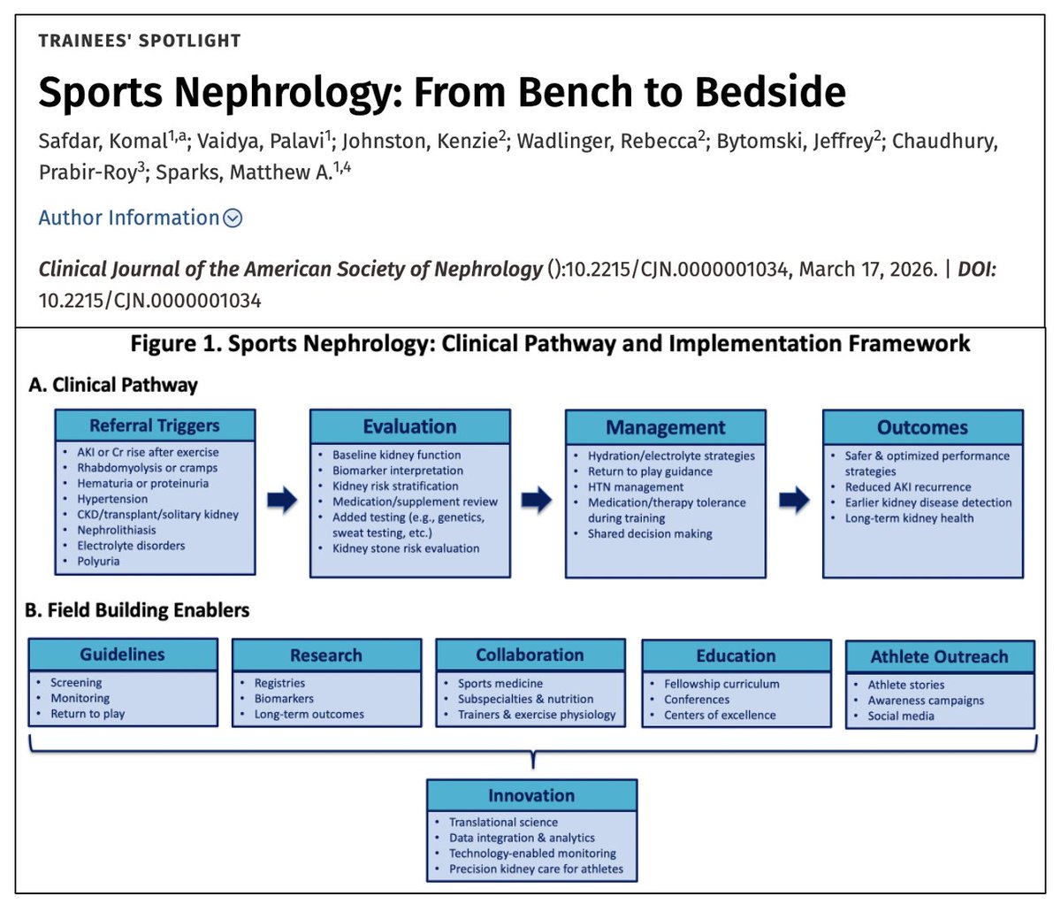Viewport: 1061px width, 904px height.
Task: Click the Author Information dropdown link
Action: [x=140, y=218]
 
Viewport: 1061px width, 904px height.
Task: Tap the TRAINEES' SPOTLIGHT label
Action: [x=140, y=41]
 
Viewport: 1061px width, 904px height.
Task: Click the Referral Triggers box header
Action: [x=155, y=425]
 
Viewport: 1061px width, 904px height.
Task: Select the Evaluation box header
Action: [x=409, y=425]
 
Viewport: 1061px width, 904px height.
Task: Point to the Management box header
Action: [x=665, y=427]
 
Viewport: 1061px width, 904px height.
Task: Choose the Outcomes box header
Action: [x=922, y=427]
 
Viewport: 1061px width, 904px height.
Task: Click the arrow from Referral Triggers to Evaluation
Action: [x=282, y=501]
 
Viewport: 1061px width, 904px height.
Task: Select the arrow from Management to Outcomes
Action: [x=794, y=501]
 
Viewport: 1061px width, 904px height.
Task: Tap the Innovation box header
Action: [x=530, y=795]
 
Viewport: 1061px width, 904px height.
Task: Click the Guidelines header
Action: [x=122, y=655]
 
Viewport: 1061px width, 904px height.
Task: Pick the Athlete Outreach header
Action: [x=939, y=656]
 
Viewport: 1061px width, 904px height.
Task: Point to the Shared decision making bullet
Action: [x=649, y=533]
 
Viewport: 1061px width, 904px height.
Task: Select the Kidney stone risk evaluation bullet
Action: [x=406, y=548]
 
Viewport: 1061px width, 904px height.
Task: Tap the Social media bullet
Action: [x=900, y=716]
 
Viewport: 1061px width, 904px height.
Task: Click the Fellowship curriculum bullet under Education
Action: [x=721, y=684]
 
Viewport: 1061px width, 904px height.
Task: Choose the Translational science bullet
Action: [x=503, y=822]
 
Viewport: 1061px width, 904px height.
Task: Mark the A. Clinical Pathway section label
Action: [x=113, y=385]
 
